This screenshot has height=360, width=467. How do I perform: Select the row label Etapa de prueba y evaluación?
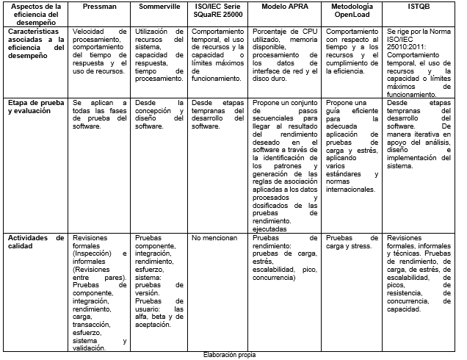(35, 108)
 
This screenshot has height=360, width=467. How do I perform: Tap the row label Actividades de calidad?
(35, 243)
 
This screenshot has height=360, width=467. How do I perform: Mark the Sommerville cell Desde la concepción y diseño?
(159, 115)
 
